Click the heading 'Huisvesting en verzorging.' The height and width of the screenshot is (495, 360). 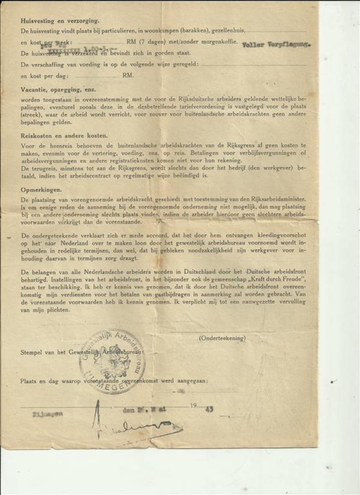click(60, 21)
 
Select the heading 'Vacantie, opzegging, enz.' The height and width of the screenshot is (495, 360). click(58, 90)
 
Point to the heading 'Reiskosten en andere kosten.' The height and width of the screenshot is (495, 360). click(64, 135)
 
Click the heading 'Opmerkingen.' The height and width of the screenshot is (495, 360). click(41, 189)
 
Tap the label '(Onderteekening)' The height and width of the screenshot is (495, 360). click(222, 338)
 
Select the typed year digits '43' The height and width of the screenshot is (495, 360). click(210, 409)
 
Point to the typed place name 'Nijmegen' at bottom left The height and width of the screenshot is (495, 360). click(48, 414)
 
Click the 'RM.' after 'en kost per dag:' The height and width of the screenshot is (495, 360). click(128, 76)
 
